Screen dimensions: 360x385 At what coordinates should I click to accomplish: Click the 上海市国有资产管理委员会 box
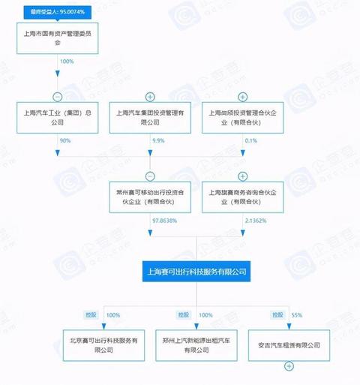tap(58, 38)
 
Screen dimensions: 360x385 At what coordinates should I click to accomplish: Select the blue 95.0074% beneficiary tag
tap(58, 12)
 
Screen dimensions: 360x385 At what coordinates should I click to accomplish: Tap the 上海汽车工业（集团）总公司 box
tap(58, 118)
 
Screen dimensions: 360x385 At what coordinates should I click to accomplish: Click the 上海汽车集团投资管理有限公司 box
tap(150, 118)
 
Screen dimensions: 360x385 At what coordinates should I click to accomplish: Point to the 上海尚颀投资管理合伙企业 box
tap(243, 118)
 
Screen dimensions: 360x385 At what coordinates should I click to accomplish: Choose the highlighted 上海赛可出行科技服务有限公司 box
tap(196, 272)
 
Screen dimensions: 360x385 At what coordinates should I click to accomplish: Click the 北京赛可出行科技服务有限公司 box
tap(103, 345)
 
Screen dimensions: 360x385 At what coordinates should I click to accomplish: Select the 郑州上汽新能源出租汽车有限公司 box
tap(196, 345)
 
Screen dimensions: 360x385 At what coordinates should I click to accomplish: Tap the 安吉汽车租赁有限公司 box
tap(289, 345)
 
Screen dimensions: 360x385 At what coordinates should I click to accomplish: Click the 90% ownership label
tap(65, 140)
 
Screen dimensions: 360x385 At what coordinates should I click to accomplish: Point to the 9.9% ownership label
tap(158, 140)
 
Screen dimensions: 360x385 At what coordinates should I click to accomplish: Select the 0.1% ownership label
tap(251, 140)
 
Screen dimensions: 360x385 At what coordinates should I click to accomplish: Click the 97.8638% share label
tap(164, 221)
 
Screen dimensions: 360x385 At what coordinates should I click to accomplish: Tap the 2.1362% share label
tap(256, 221)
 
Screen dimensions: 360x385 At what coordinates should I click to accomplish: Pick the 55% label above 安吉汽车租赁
tap(297, 315)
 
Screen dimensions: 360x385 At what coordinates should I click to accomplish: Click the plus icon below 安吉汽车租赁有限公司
tap(289, 366)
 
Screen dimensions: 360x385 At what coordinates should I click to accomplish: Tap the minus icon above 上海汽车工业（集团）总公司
tap(58, 97)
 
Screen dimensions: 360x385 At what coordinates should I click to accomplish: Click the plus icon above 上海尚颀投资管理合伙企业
tap(243, 97)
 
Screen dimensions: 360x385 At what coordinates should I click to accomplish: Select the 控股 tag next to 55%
tap(277, 315)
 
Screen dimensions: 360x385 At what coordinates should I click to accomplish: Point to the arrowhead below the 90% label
tap(58, 153)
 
